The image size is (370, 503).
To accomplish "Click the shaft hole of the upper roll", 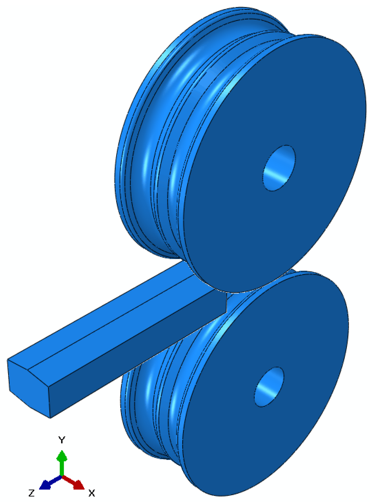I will coord(279,168).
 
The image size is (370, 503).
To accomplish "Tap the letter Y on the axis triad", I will coord(61,440).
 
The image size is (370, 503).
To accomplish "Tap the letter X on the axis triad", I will coord(91,493).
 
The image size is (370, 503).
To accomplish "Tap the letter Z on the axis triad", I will coord(31,493).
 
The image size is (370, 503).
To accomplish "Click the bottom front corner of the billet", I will coord(50,418).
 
